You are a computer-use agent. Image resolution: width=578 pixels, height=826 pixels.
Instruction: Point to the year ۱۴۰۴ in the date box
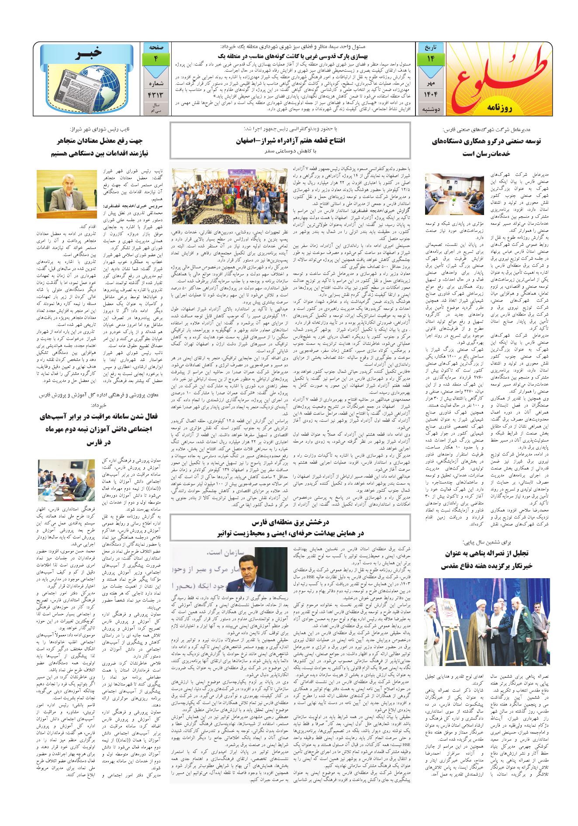click(430, 94)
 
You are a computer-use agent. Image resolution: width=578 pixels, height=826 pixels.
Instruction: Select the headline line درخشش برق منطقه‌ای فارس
click(291, 523)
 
